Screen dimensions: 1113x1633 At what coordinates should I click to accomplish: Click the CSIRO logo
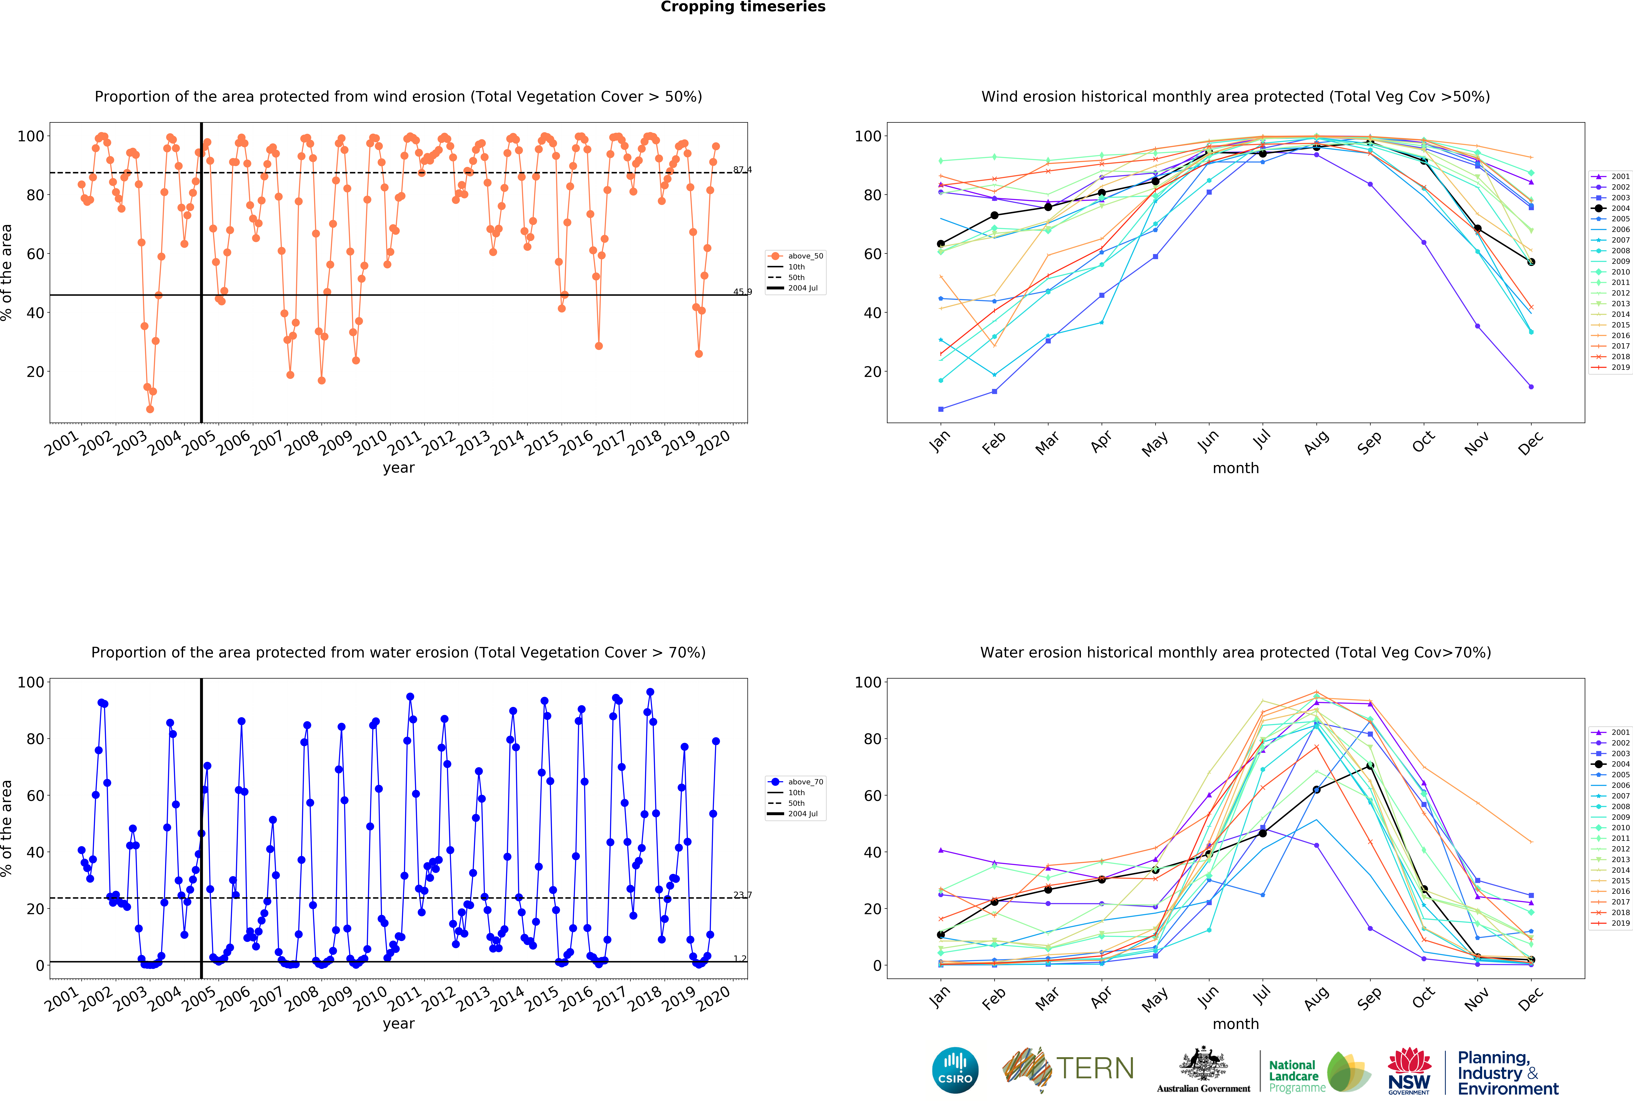[x=955, y=1070]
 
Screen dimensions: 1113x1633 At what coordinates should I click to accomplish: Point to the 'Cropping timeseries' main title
[x=743, y=7]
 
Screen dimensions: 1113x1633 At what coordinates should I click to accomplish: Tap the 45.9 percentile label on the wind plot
[x=742, y=292]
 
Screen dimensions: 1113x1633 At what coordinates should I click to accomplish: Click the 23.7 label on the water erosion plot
[x=742, y=894]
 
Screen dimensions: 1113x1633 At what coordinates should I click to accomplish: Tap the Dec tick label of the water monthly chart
[x=1530, y=998]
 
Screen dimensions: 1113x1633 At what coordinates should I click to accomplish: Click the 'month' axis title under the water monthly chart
[x=1235, y=1024]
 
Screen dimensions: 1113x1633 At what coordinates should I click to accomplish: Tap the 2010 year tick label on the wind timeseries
[x=370, y=443]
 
